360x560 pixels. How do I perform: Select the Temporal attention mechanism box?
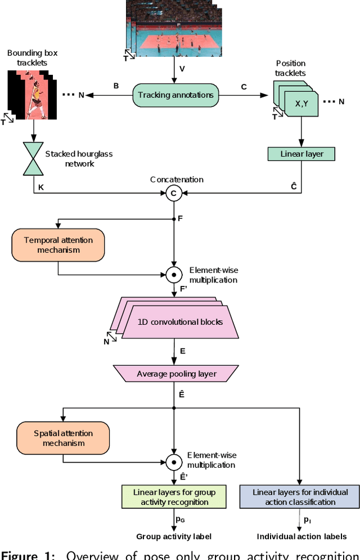(58, 245)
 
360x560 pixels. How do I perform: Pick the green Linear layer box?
(301, 154)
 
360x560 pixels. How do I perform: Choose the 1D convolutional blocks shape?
(180, 322)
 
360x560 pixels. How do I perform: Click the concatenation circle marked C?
(174, 194)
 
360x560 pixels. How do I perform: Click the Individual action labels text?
(301, 536)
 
